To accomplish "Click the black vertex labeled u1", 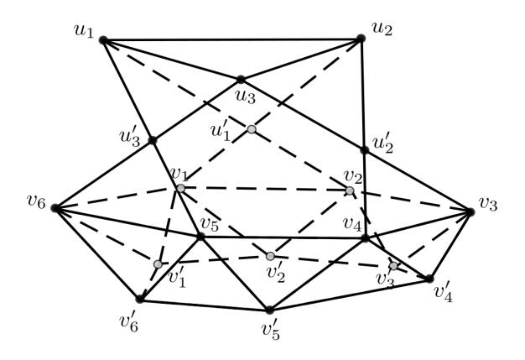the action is (x=103, y=40).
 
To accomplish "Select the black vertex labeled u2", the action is (x=361, y=39).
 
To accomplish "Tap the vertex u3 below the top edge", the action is (x=241, y=80).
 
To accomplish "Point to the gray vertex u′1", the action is (x=252, y=129).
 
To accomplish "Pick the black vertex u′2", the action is (x=365, y=150).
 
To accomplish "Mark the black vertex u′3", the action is (x=153, y=140).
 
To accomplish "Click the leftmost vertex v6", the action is (x=55, y=209).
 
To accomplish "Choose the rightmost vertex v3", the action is (x=470, y=212).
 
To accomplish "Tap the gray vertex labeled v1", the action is (x=181, y=189).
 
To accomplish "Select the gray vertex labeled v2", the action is (x=350, y=190).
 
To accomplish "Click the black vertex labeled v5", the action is (x=200, y=237).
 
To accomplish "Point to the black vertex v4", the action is (x=366, y=238).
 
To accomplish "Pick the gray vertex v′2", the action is (x=270, y=256).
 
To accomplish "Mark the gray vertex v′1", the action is (x=158, y=264).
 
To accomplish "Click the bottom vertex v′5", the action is (x=269, y=310).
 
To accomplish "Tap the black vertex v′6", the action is (x=139, y=299).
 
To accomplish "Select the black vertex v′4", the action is (x=429, y=279).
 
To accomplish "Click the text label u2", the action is (x=382, y=29).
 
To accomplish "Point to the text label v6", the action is (x=36, y=202).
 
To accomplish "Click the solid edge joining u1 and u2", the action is (x=232, y=39).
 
